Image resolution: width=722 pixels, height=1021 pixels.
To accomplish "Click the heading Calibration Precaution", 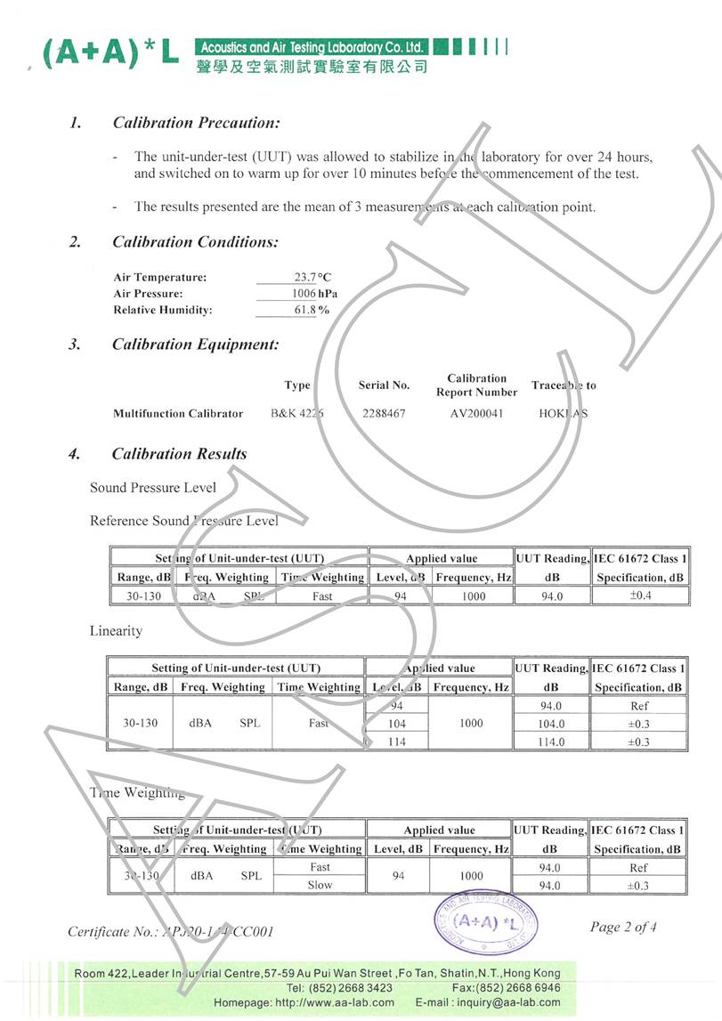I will (x=196, y=123).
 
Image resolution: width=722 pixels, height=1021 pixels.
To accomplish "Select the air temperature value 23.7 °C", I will (x=312, y=277).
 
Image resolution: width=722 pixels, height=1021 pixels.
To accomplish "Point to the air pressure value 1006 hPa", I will (x=314, y=294).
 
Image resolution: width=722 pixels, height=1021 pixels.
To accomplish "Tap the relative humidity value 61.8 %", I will (x=312, y=311).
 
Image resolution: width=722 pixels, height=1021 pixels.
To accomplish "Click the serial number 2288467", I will (x=384, y=414).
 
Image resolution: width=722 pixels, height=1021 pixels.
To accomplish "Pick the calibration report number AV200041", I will (x=476, y=414).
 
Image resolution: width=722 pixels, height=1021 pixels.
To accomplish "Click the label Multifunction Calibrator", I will (x=178, y=414).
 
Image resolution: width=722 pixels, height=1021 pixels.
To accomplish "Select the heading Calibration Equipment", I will (x=195, y=344).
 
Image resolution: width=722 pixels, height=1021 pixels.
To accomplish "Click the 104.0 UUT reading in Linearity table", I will (x=551, y=724).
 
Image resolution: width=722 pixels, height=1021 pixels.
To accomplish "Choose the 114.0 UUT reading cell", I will (x=551, y=741).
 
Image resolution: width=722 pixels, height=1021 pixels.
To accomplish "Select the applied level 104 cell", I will (x=397, y=724).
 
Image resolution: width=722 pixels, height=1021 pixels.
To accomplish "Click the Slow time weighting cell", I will (x=320, y=885).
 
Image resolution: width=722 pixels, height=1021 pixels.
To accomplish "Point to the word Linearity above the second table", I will (x=116, y=630).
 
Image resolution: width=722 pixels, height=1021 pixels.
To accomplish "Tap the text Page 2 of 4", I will (x=623, y=927).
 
